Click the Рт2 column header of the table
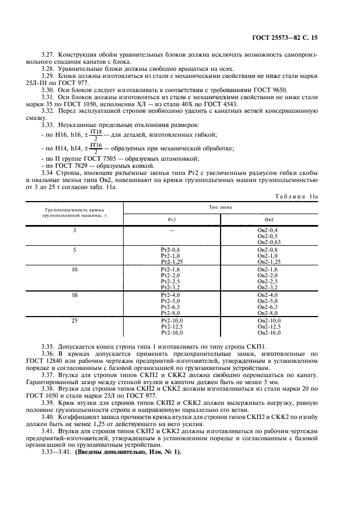[x=171, y=219]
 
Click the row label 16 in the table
[x=75, y=295]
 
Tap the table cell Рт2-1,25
[x=171, y=262]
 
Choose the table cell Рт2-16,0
[x=172, y=333]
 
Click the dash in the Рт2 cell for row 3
[x=171, y=230]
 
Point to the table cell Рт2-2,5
[x=171, y=281]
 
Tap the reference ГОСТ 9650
[x=269, y=89]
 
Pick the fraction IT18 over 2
[x=96, y=135]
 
